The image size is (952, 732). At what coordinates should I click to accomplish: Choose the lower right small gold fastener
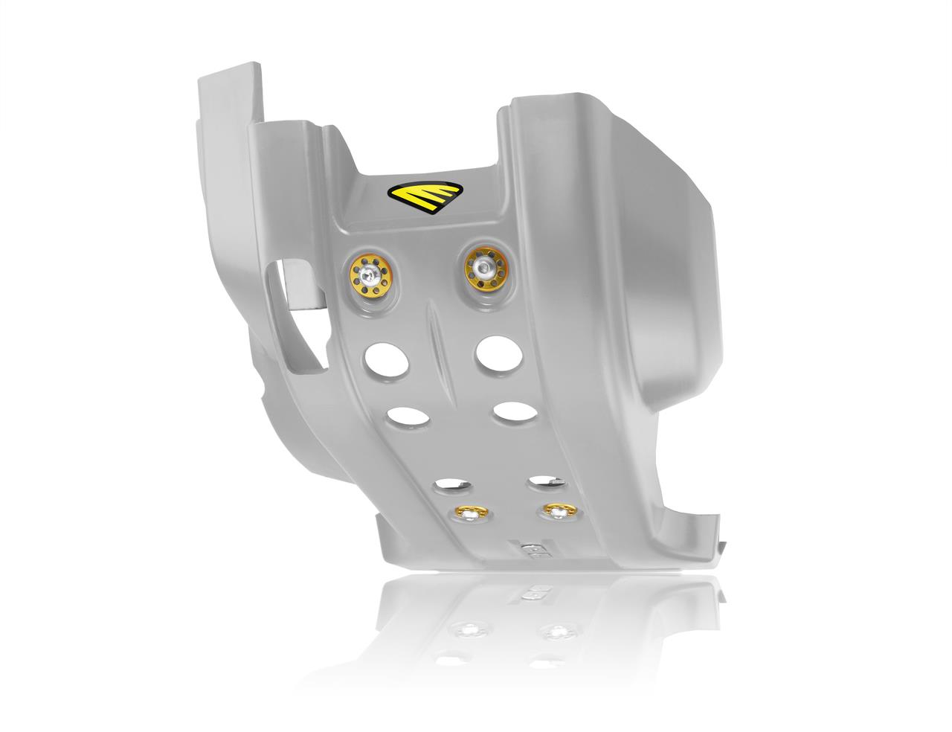pos(555,510)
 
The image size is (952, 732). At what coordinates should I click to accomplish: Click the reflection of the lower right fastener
pos(555,632)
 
